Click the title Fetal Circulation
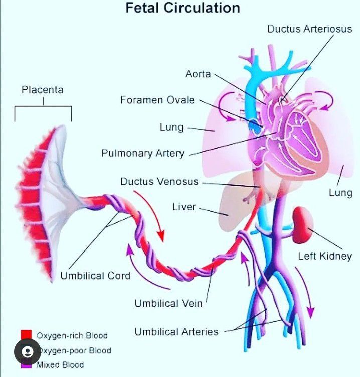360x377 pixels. (x=182, y=9)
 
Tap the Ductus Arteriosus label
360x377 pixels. (x=309, y=29)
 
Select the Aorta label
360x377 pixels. (x=198, y=74)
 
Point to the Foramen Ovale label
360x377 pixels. (x=157, y=100)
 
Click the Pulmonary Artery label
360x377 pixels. (x=142, y=153)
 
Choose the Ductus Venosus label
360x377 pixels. (x=159, y=182)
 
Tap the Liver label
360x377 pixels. (x=184, y=207)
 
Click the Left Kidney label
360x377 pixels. (x=325, y=256)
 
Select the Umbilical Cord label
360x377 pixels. (x=95, y=276)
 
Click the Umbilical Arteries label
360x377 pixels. (x=176, y=332)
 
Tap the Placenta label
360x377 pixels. (x=42, y=90)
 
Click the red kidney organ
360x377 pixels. (x=303, y=219)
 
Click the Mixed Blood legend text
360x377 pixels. (x=60, y=365)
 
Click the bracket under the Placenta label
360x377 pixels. (x=43, y=111)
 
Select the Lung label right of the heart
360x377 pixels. (x=340, y=193)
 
